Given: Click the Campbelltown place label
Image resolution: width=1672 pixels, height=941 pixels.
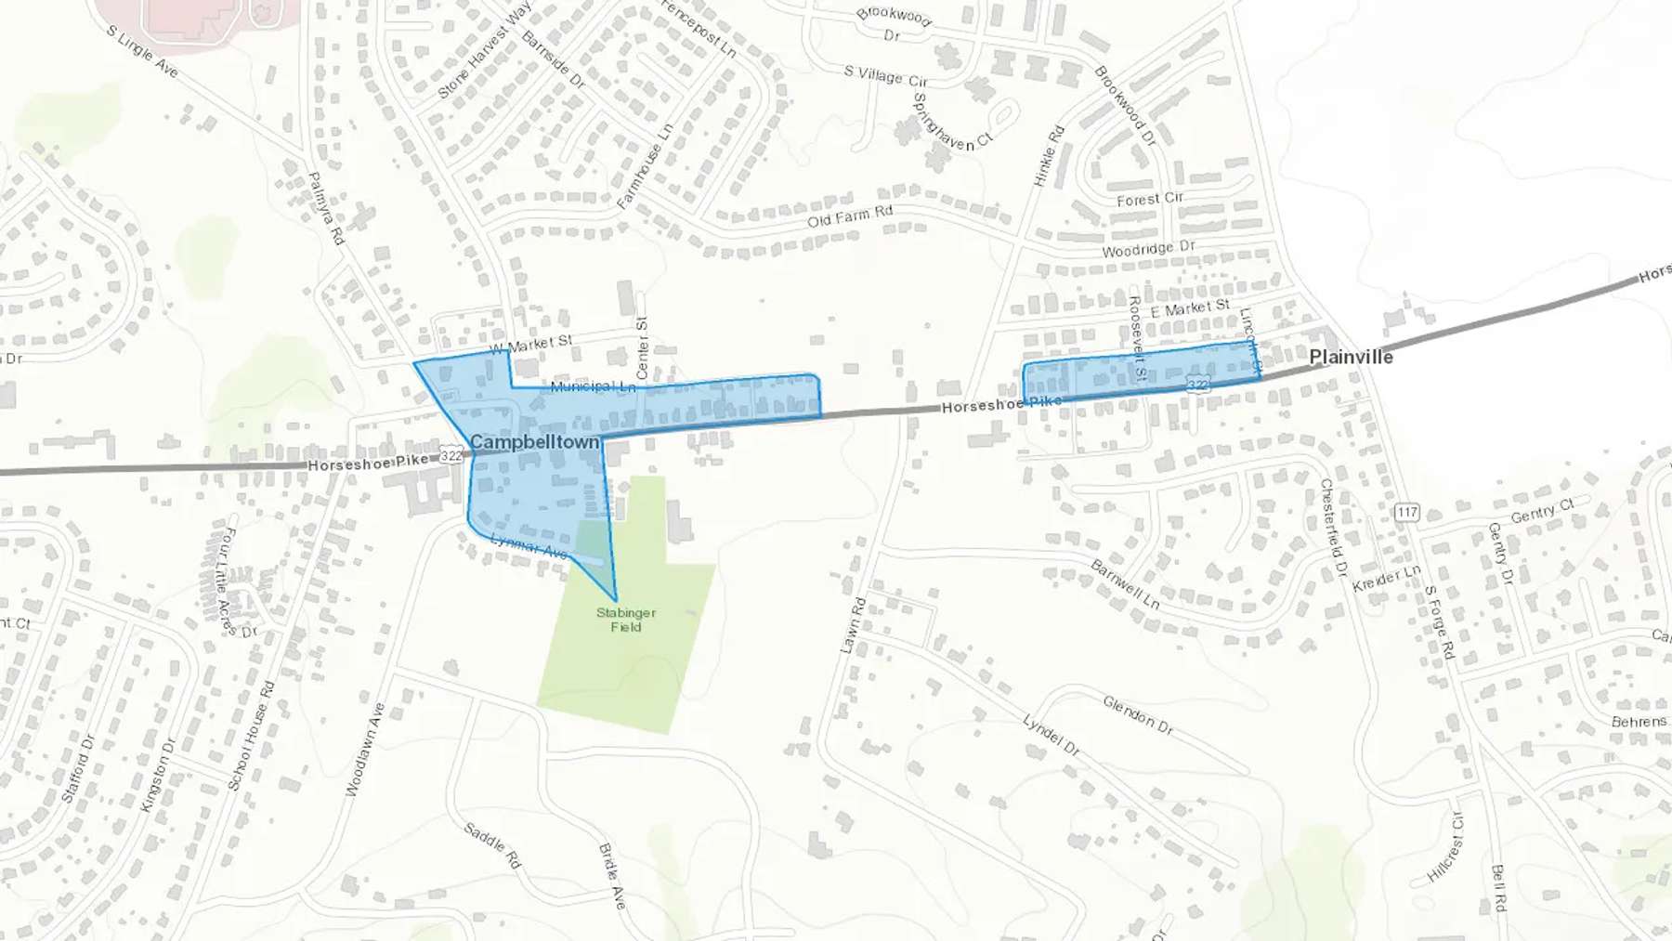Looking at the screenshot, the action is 535,442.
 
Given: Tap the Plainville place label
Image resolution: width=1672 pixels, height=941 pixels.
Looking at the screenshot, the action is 1351,357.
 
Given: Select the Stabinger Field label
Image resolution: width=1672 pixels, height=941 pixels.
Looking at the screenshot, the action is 626,620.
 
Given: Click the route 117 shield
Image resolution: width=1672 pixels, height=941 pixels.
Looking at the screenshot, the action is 1407,512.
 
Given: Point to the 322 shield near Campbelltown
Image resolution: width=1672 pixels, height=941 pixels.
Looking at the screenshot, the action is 451,455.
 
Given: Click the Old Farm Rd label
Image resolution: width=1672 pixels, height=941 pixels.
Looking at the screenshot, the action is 849,216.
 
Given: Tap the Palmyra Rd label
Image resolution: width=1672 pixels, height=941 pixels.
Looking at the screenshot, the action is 325,209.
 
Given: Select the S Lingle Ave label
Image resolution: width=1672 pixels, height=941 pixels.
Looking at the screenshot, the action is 141,51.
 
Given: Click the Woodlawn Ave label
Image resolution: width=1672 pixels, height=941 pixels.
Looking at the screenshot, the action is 365,750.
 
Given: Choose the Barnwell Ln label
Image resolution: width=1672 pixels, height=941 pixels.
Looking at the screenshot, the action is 1125,584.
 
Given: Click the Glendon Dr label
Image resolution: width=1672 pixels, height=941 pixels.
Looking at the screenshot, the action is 1138,714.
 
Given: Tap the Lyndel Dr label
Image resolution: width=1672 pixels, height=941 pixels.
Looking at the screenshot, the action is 1052,735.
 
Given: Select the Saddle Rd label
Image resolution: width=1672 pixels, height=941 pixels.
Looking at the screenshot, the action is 492,845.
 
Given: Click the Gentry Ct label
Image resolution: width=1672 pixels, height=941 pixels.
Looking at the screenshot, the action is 1542,511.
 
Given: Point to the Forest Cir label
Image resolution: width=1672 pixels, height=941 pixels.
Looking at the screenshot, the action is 1150,199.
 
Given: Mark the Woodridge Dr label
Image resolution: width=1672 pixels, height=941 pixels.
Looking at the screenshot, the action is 1148,249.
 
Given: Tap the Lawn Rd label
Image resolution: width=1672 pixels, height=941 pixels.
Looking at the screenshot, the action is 853,625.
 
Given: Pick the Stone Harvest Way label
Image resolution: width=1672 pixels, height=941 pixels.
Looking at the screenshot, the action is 484,50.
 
